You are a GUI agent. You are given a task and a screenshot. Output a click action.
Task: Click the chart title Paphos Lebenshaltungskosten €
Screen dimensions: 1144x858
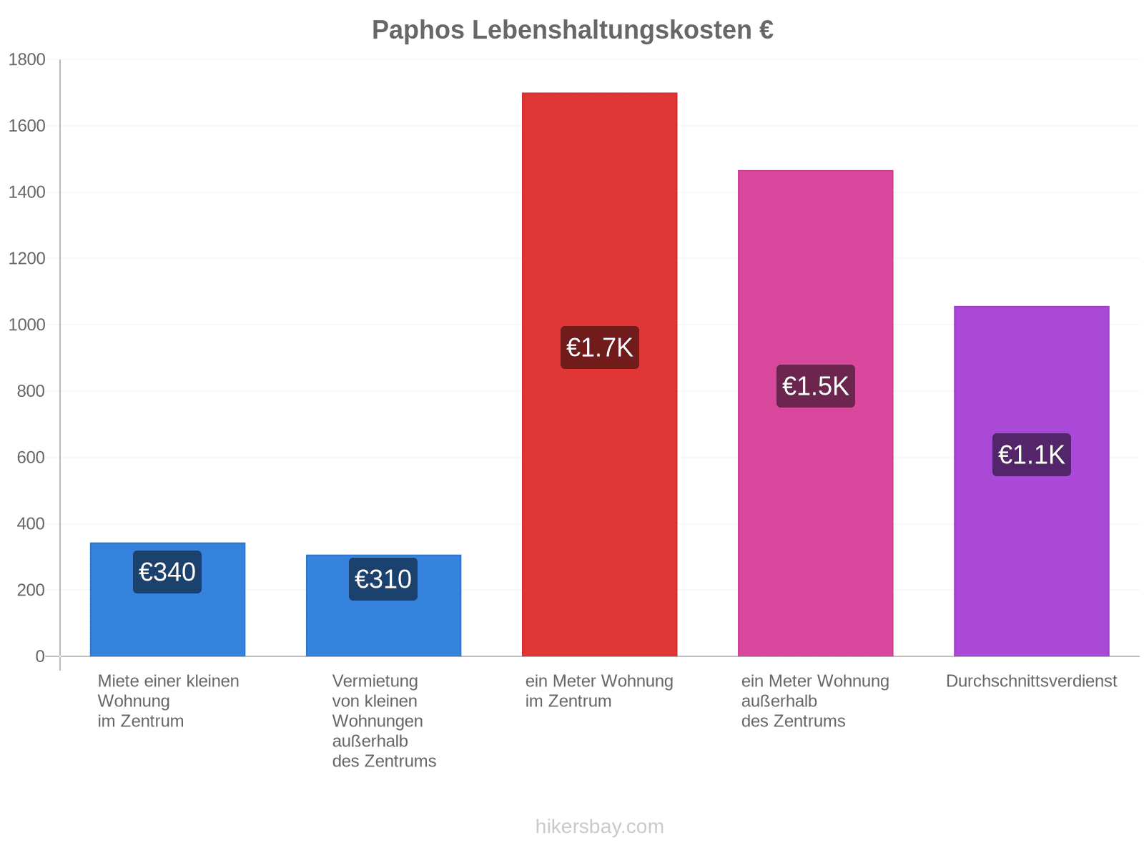click(x=572, y=30)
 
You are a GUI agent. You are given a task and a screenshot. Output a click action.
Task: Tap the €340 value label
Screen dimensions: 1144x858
click(x=167, y=571)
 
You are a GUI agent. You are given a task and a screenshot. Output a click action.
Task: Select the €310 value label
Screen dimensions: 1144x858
click(x=383, y=578)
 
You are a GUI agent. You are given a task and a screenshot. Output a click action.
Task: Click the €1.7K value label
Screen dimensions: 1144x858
click(x=599, y=347)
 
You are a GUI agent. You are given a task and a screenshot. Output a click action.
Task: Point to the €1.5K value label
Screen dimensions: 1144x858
click(x=815, y=385)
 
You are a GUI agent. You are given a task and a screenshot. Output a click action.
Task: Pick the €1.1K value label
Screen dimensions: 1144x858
click(x=1031, y=454)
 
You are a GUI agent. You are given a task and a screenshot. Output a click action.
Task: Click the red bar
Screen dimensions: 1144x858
click(x=599, y=374)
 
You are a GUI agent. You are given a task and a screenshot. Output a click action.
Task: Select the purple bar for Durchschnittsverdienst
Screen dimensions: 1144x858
click(x=1031, y=480)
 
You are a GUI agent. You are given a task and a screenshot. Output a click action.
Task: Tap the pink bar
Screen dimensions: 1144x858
click(x=815, y=413)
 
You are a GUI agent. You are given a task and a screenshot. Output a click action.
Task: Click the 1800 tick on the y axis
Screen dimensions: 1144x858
click(x=26, y=59)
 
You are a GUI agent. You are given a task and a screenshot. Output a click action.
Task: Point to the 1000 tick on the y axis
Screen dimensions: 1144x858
click(x=26, y=325)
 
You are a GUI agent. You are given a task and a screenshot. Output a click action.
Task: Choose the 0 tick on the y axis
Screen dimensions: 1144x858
click(x=40, y=656)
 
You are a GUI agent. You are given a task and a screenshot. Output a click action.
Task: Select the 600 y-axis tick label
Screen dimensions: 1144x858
click(x=31, y=457)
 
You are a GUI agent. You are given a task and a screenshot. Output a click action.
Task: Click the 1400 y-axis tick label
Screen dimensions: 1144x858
click(x=26, y=192)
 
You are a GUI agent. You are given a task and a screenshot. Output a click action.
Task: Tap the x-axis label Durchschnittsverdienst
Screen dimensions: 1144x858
click(x=1031, y=681)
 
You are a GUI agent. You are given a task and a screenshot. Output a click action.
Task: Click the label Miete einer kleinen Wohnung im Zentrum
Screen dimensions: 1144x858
click(x=168, y=701)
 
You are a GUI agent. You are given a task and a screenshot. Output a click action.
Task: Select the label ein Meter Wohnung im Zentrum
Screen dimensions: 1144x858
click(x=599, y=690)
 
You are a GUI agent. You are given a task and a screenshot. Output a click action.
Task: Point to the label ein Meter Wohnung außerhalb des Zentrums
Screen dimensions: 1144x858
click(x=814, y=701)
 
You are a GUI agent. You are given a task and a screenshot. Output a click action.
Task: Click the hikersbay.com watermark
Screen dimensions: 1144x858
click(x=599, y=826)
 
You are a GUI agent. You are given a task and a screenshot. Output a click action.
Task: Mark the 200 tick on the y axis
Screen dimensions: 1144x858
click(x=31, y=590)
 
